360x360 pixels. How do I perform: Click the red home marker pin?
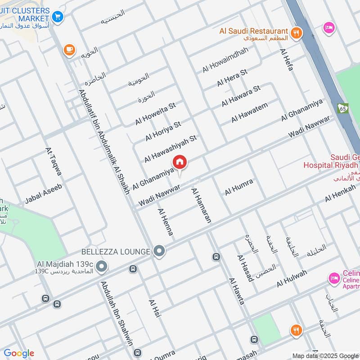pyautogui.click(x=180, y=162)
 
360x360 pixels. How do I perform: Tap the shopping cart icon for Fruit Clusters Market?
pyautogui.click(x=57, y=17)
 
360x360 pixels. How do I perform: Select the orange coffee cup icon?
pyautogui.click(x=69, y=49)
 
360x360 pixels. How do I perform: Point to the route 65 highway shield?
pyautogui.click(x=343, y=108)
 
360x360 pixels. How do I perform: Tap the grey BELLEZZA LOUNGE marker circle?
pyautogui.click(x=159, y=251)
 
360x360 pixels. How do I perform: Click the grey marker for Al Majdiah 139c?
pyautogui.click(x=102, y=267)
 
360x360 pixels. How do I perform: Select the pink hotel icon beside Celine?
pyautogui.click(x=333, y=279)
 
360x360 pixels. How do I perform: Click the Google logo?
pyautogui.click(x=18, y=353)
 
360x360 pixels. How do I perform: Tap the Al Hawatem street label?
pyautogui.click(x=250, y=112)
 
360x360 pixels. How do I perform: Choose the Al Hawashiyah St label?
pyautogui.click(x=171, y=148)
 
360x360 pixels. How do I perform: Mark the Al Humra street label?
pyautogui.click(x=239, y=187)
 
